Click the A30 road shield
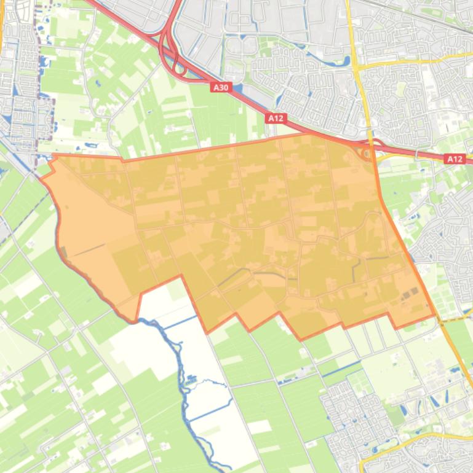220,87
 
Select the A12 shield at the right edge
455,158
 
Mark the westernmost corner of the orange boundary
42,178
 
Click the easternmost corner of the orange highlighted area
434,317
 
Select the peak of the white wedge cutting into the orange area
181,277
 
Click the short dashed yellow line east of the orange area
452,319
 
